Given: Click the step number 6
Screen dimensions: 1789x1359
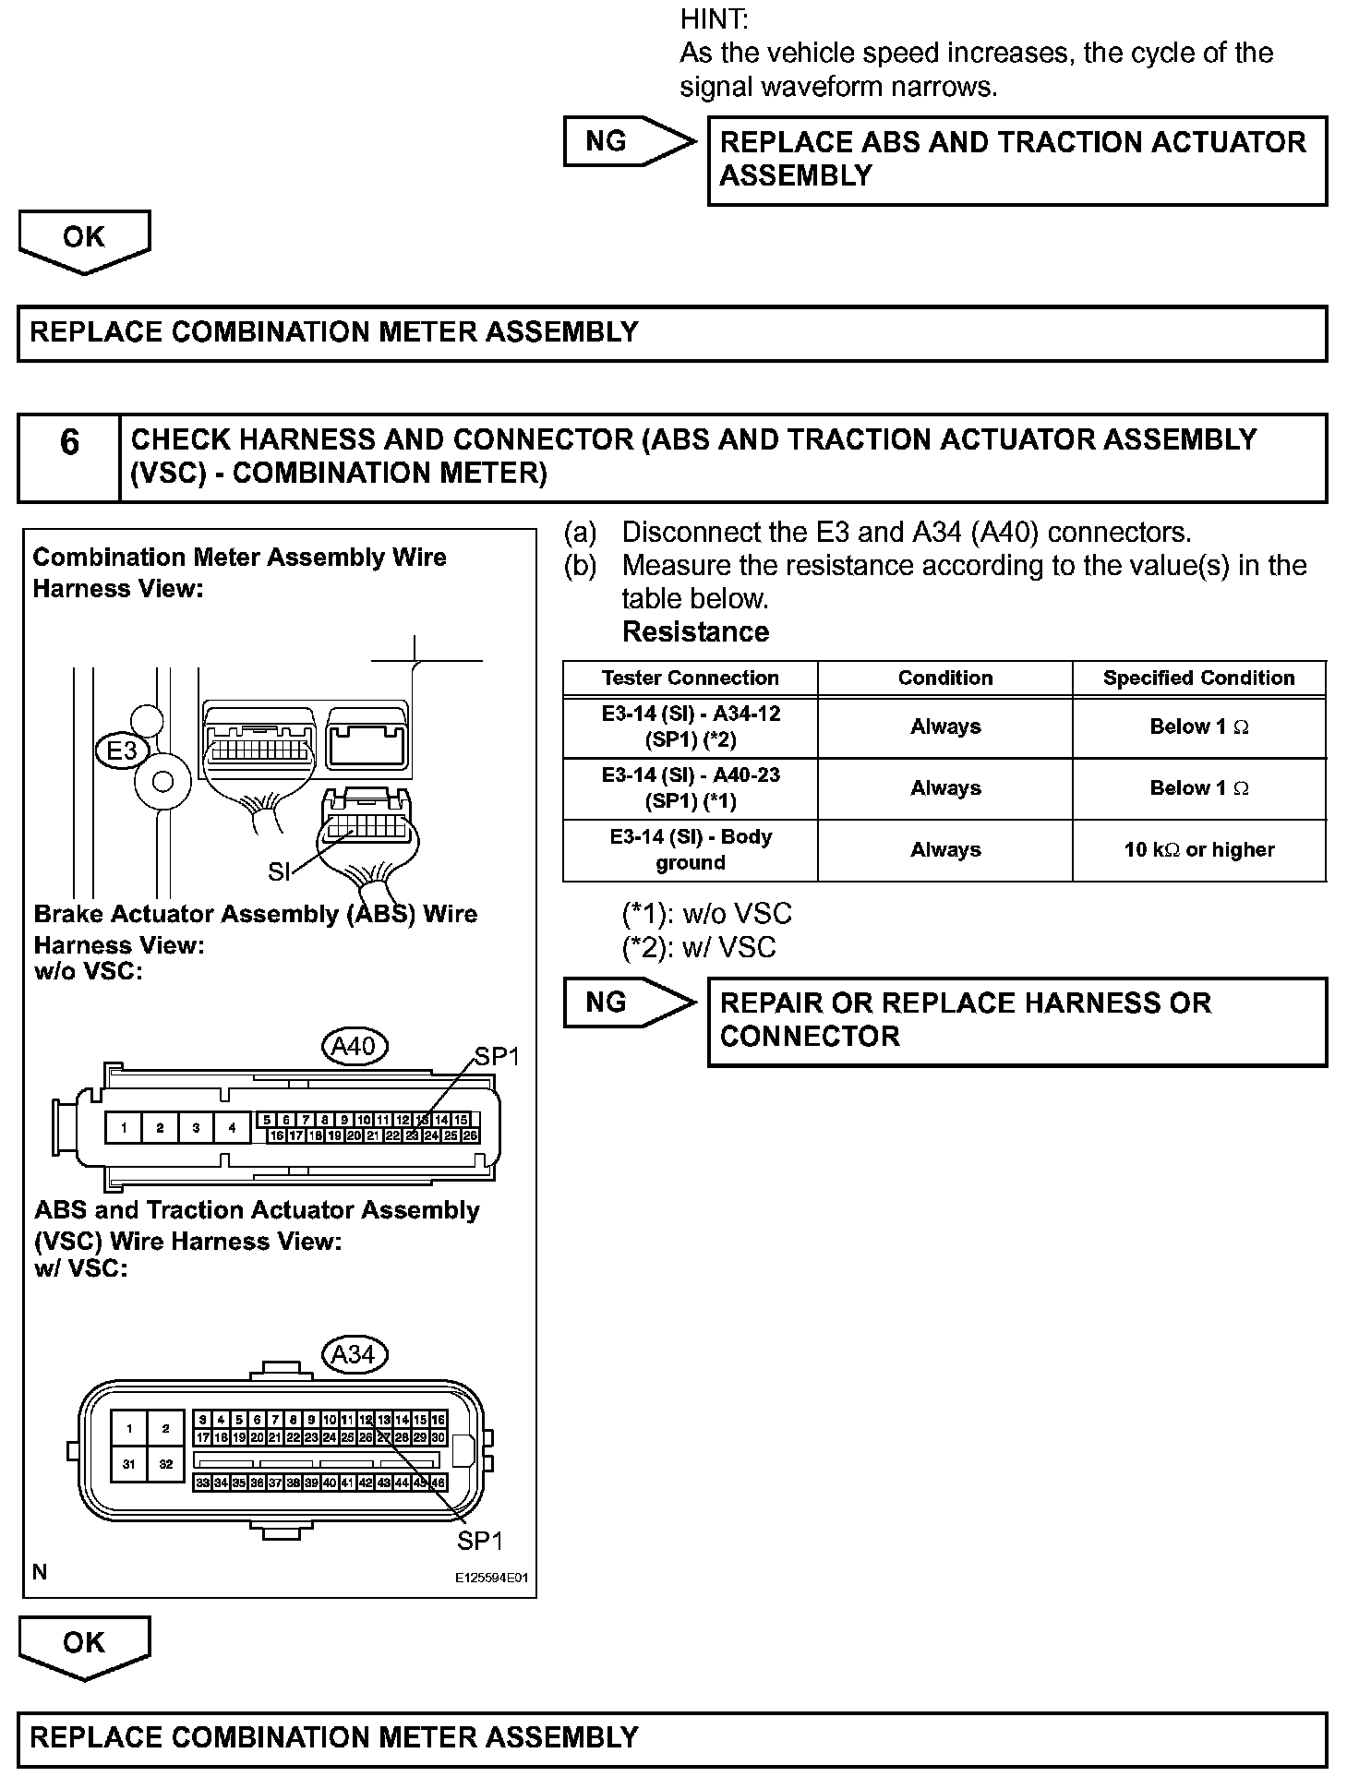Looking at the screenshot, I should click(69, 443).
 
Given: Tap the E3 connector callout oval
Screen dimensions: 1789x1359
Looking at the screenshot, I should click(122, 750).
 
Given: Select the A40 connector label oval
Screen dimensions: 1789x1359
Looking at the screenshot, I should click(354, 1047).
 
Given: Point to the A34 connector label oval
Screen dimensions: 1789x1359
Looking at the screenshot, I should click(354, 1354).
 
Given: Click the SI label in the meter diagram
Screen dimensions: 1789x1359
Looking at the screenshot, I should click(279, 871).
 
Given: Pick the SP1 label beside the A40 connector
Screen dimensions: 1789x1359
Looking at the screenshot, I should click(497, 1057).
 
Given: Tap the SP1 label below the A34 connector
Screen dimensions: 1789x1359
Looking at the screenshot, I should click(480, 1541).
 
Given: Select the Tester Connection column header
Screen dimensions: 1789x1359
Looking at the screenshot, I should click(690, 678).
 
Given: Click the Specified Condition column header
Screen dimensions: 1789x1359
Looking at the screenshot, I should click(1198, 678).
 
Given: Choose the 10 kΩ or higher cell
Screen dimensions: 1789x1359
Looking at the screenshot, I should click(1198, 850).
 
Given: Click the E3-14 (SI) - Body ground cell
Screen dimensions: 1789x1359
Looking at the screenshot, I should click(690, 850).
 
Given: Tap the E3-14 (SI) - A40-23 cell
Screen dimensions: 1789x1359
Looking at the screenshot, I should click(690, 788).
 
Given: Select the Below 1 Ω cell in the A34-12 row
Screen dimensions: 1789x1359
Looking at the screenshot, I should click(1198, 727).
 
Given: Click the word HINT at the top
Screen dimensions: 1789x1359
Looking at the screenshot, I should click(715, 18).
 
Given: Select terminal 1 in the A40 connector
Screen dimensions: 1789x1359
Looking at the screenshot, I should click(124, 1127).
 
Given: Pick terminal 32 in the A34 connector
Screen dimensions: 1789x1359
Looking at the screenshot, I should click(165, 1464).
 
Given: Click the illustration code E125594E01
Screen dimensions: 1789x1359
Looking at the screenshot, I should click(490, 1579).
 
